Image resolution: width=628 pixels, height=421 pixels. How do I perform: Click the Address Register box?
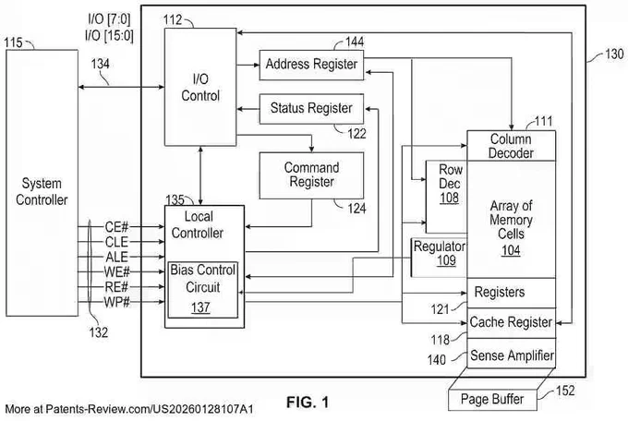311,65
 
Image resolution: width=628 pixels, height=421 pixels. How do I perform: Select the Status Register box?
311,109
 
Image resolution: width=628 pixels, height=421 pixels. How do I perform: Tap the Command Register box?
311,175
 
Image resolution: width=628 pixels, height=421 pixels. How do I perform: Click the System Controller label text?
42,191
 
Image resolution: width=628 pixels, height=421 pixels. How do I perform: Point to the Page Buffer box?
492,400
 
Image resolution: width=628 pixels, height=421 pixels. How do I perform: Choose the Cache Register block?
512,323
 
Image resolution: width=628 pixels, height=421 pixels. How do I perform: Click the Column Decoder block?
512,146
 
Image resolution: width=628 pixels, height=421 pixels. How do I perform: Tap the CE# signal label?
116,227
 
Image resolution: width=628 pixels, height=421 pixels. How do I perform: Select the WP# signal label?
117,302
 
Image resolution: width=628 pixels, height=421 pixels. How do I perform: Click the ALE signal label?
116,257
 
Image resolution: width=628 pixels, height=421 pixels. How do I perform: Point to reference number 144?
355,42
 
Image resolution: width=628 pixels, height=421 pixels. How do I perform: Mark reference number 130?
614,54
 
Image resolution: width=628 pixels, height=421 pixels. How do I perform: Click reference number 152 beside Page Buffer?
565,391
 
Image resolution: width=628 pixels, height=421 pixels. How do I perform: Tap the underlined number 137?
200,307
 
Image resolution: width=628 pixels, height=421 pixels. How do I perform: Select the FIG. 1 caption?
308,403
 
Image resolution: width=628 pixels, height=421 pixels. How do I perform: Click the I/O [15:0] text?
109,35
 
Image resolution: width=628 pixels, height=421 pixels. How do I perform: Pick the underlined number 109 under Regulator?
446,260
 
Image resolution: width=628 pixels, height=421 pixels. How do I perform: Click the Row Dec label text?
450,176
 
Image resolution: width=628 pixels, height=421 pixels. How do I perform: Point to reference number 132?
99,332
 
